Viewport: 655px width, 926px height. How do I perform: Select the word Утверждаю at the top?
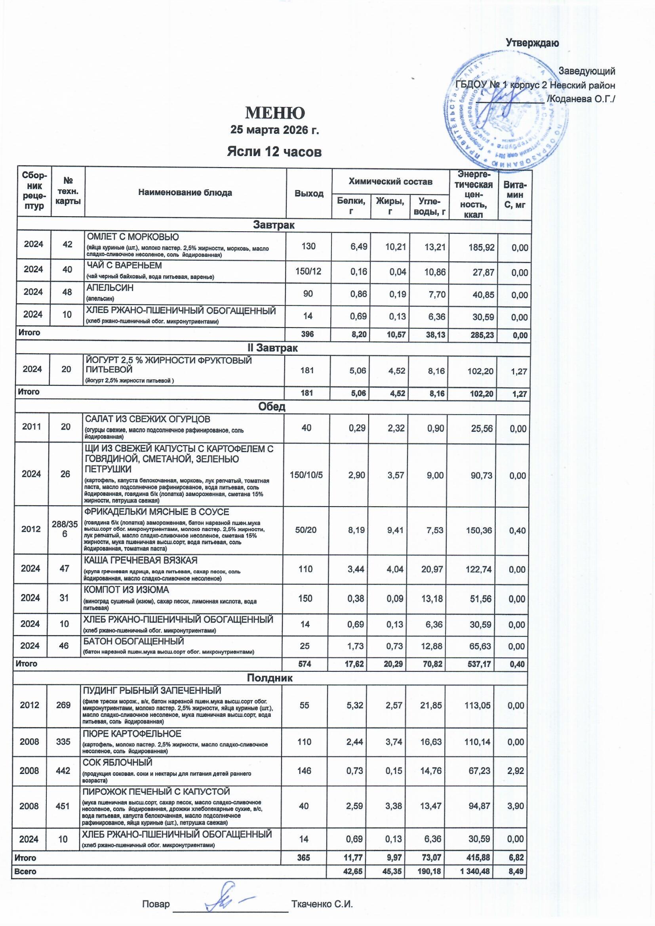coord(532,43)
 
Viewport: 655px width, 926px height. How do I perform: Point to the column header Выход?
coord(308,193)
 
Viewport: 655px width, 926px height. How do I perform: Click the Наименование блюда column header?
coord(185,193)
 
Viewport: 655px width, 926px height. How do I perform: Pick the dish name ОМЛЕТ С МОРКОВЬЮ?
coord(133,237)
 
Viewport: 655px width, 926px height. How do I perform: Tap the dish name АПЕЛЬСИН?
coord(110,288)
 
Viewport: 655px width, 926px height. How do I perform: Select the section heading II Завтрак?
coord(272,348)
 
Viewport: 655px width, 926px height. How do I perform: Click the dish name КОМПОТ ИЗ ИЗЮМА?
coord(126,590)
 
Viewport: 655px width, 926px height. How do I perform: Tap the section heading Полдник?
coord(270,678)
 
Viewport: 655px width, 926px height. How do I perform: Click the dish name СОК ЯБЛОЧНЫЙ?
coord(117,762)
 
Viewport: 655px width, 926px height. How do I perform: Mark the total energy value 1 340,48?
coord(475,872)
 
